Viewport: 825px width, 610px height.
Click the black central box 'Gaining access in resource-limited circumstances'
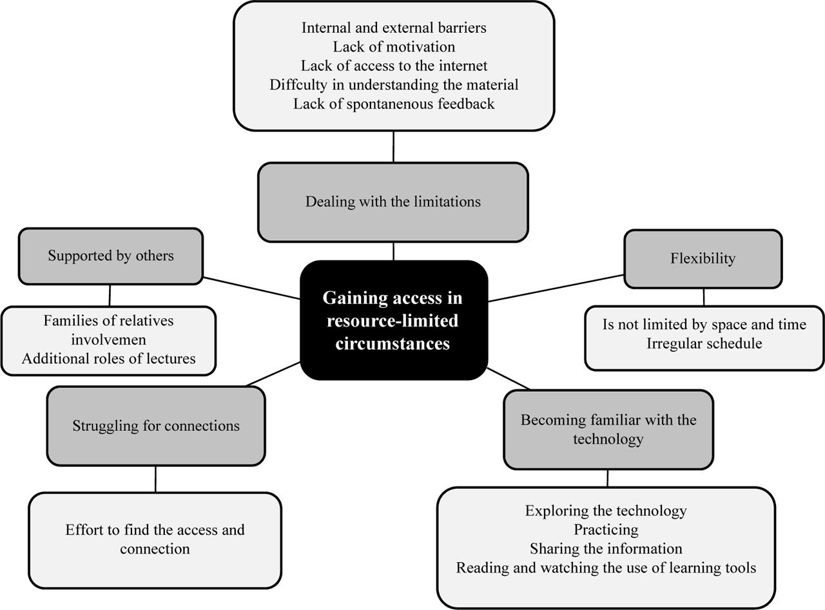coord(393,320)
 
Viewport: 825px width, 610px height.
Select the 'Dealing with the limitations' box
coord(393,202)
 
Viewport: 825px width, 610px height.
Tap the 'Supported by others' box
coord(110,256)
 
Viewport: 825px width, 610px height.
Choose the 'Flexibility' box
coord(703,258)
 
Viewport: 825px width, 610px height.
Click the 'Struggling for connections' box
coord(155,426)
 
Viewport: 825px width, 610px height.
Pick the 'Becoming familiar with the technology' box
coord(608,429)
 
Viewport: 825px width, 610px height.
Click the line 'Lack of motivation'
coord(394,47)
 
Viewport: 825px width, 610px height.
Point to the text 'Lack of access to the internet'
coord(394,66)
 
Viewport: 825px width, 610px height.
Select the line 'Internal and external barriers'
coord(394,28)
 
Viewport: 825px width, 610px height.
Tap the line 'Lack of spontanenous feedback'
coord(394,104)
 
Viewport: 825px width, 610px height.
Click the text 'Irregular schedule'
coord(704,343)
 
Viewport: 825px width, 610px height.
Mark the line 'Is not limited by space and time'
coord(704,325)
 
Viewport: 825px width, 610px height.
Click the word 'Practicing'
coord(606,529)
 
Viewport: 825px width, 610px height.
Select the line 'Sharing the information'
coord(606,549)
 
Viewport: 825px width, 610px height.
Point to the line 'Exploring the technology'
coord(606,511)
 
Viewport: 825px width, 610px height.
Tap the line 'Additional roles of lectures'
coord(108,359)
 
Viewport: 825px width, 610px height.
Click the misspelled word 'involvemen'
coord(108,339)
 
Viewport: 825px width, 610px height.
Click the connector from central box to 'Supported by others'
coord(251,288)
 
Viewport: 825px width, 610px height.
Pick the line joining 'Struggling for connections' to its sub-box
coord(155,479)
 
